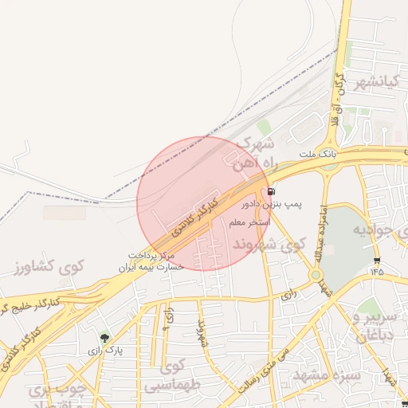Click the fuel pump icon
273,191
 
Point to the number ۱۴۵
376,271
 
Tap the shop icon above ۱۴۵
376,259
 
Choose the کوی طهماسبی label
170,377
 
